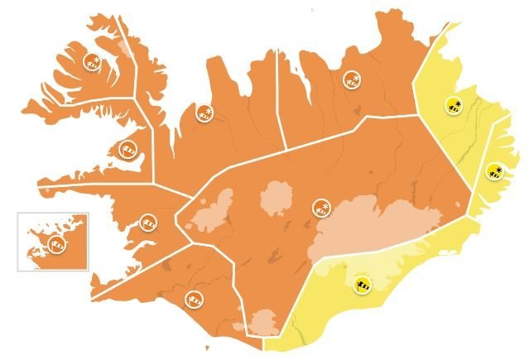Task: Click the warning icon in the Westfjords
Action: tap(92, 60)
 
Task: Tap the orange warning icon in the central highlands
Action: tap(320, 208)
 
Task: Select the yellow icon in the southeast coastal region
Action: tap(362, 284)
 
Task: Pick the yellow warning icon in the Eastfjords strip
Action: tap(494, 172)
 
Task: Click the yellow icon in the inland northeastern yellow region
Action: tap(453, 104)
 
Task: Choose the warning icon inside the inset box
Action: tap(56, 243)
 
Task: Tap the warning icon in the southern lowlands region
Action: tap(195, 296)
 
